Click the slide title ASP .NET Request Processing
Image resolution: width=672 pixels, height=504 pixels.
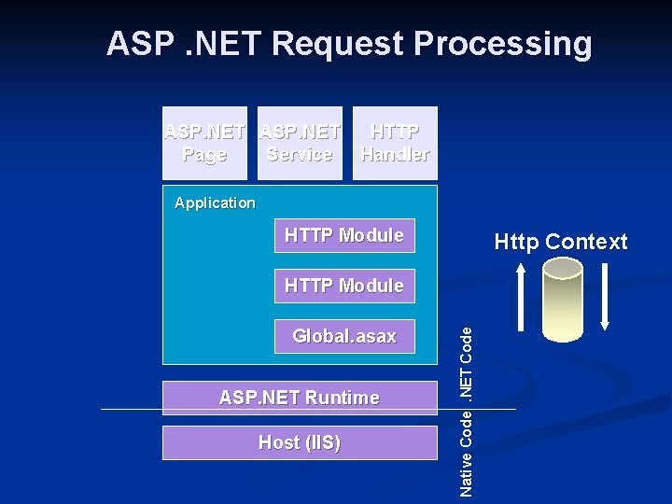tap(349, 44)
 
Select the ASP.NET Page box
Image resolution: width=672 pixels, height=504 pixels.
tap(205, 143)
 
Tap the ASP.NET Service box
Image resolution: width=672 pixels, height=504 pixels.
tap(300, 143)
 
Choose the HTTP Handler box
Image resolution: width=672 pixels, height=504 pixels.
tap(395, 143)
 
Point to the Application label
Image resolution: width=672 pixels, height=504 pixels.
tap(215, 203)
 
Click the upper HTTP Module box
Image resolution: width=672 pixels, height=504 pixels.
tap(343, 235)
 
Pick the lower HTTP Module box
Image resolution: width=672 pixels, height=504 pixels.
tap(343, 286)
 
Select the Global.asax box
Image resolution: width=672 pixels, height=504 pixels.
tap(343, 336)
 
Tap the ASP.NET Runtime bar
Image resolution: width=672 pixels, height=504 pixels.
tap(300, 398)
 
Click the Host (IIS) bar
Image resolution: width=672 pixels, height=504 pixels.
tap(300, 442)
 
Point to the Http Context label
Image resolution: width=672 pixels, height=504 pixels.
tap(560, 243)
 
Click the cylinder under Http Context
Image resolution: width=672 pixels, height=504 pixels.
tap(562, 297)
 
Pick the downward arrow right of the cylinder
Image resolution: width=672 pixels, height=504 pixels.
tap(605, 297)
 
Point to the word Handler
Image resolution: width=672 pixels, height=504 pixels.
tap(395, 155)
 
